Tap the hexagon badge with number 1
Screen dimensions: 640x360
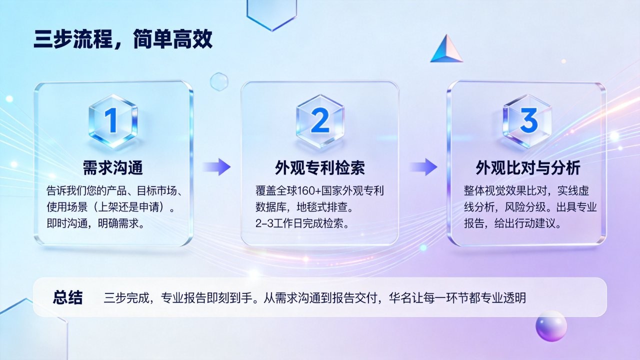click(x=113, y=121)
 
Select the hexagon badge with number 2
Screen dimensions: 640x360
click(x=319, y=121)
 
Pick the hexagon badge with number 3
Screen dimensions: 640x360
click(x=527, y=121)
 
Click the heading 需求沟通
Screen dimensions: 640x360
click(x=113, y=167)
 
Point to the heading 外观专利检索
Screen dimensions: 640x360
click(x=319, y=167)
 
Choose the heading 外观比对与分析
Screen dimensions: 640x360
click(x=527, y=167)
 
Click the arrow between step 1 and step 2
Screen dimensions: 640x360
click(x=217, y=167)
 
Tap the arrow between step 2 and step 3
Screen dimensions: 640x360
click(x=423, y=167)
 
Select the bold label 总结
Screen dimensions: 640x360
click(x=67, y=297)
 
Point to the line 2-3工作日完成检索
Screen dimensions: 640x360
click(x=302, y=223)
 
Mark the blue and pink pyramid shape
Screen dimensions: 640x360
click(x=446, y=49)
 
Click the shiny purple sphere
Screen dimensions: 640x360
click(x=551, y=326)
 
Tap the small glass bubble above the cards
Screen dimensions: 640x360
click(x=219, y=81)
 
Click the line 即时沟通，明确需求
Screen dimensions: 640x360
click(x=95, y=223)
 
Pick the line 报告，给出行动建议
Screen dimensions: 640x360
click(x=512, y=223)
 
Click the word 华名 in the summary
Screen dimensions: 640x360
click(x=399, y=297)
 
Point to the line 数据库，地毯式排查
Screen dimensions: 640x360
click(x=304, y=207)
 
